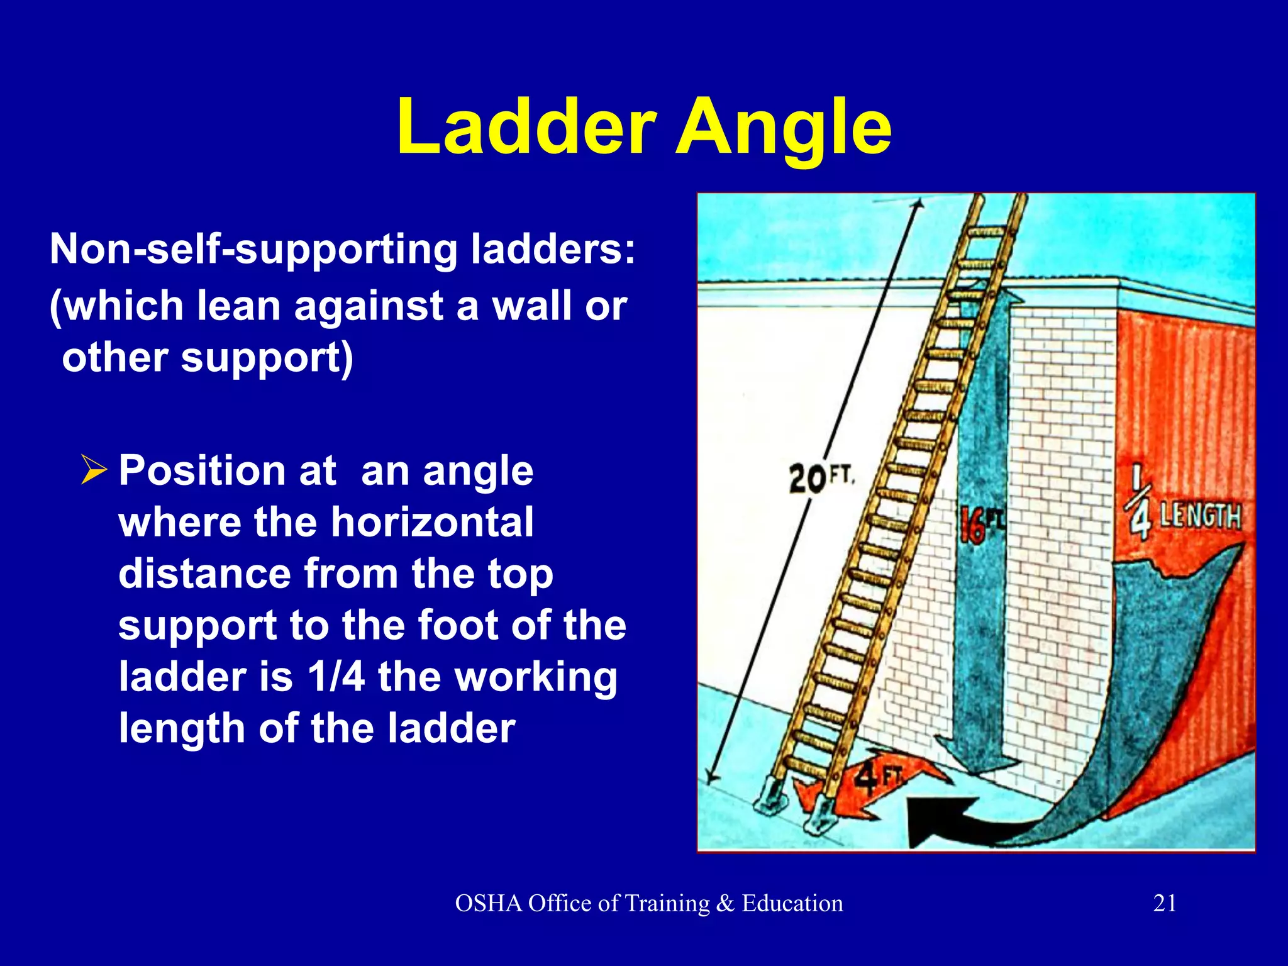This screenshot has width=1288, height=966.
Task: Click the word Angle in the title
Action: tap(782, 129)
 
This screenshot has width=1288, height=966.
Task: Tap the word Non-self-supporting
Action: tap(254, 249)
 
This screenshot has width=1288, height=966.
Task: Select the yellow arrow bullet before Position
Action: tap(94, 470)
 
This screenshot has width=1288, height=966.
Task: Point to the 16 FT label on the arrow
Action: tap(982, 525)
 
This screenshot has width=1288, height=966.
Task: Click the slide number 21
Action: tap(1165, 903)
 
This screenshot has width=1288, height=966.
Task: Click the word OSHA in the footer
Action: tap(489, 903)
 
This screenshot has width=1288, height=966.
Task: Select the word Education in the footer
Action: tap(792, 903)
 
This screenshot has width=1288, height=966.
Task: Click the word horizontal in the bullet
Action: tap(432, 522)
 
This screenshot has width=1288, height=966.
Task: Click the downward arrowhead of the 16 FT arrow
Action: tap(976, 758)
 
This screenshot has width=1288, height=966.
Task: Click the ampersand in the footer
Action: tap(725, 903)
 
